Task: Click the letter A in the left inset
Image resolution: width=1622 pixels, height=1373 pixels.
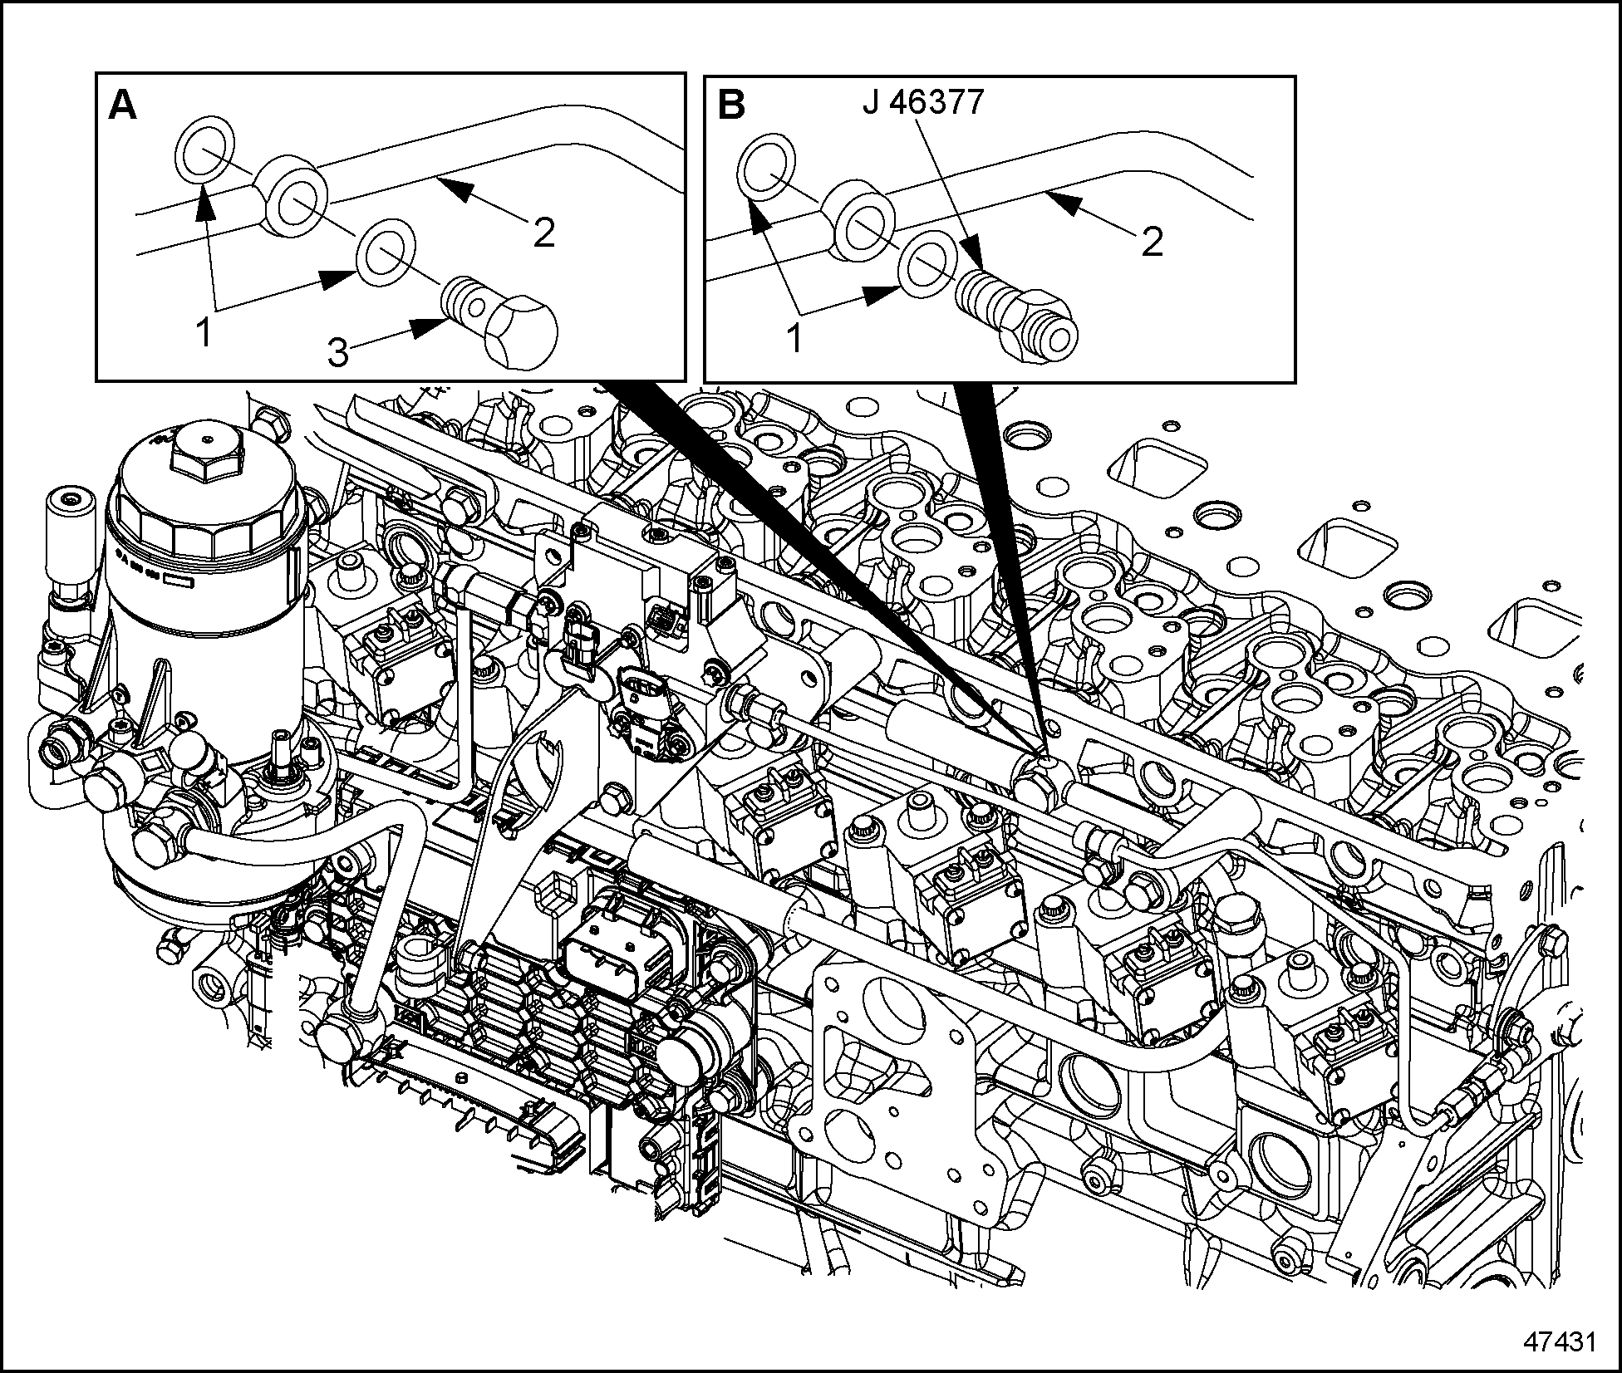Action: (123, 106)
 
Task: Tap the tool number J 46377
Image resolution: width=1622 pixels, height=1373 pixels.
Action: (923, 102)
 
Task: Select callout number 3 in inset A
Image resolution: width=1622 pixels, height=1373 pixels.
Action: (337, 353)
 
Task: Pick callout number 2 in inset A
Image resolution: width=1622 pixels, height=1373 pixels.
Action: (544, 233)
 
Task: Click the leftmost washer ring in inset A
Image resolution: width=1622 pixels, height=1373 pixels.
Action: (204, 150)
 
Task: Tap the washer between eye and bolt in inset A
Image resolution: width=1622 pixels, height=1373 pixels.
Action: (386, 249)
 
